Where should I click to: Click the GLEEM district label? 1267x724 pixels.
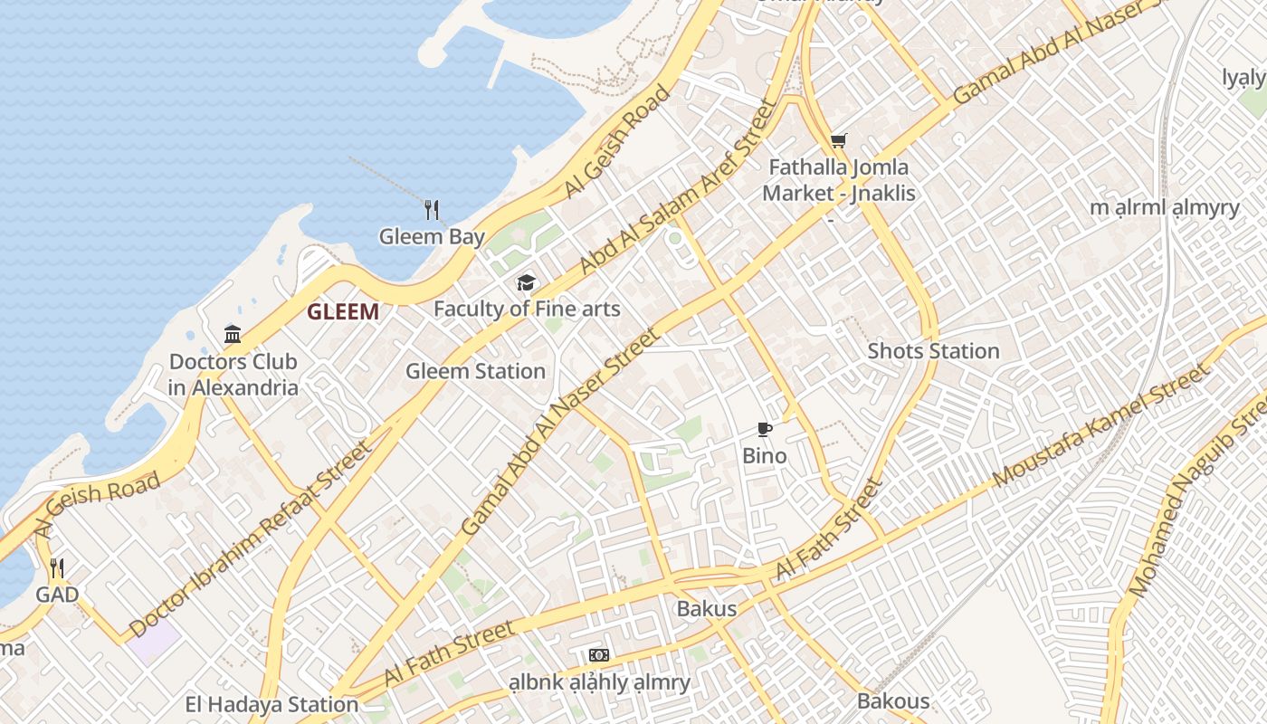point(342,312)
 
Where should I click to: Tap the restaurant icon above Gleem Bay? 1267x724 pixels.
point(432,210)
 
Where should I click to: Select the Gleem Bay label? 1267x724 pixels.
point(432,237)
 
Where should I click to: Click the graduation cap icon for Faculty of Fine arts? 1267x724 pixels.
point(526,283)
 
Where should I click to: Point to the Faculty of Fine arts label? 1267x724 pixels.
point(527,309)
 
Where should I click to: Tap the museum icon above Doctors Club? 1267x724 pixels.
point(233,335)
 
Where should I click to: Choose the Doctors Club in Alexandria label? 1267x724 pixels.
point(233,375)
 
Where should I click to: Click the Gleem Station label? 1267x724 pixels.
point(475,371)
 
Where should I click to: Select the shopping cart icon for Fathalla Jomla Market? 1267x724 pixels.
point(839,140)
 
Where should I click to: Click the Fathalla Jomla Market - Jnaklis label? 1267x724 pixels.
point(839,180)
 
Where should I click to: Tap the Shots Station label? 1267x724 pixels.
point(933,351)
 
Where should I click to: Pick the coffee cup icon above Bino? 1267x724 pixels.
point(765,429)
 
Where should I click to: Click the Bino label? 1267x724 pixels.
point(765,455)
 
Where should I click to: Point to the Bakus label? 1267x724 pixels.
point(707,609)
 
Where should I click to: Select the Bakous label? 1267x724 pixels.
point(893,701)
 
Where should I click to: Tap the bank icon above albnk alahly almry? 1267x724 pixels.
point(598,655)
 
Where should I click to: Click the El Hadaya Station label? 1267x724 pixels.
point(271,704)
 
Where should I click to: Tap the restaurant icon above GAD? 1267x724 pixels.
point(56,568)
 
